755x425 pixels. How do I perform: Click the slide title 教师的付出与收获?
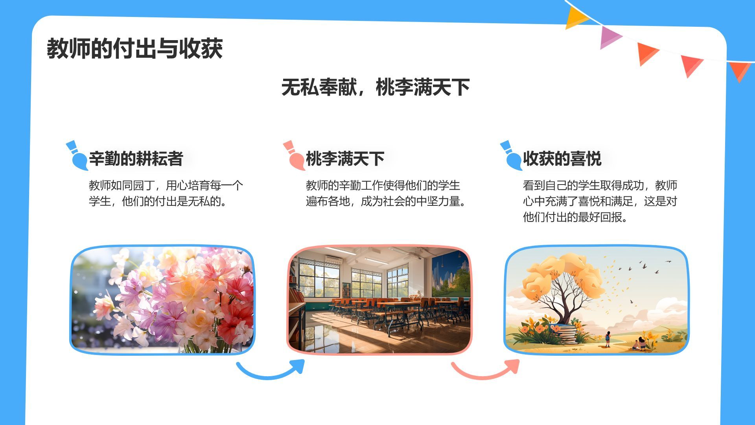[x=135, y=49]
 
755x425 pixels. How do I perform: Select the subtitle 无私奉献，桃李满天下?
[x=376, y=87]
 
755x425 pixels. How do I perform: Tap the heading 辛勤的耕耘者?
[x=136, y=159]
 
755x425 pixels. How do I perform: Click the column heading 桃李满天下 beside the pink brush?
[x=345, y=159]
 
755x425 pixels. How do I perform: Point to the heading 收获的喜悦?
[x=562, y=159]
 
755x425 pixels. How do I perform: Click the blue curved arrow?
[x=271, y=370]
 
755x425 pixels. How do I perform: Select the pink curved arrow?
[x=486, y=370]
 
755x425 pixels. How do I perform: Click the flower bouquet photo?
[x=162, y=300]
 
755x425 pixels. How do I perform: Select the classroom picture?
[x=379, y=300]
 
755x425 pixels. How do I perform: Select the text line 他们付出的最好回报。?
[x=575, y=217]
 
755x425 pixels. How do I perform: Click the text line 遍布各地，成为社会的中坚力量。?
[x=386, y=201]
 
